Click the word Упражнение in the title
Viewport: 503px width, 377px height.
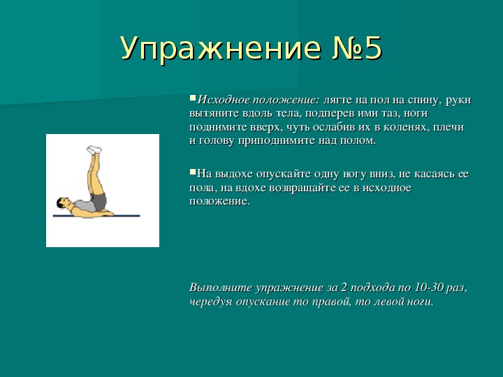click(x=221, y=48)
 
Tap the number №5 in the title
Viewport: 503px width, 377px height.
click(x=357, y=48)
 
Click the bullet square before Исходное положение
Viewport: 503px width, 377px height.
click(x=193, y=98)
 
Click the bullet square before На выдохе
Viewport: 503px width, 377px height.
click(x=193, y=172)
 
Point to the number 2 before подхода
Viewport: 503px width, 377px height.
click(x=344, y=287)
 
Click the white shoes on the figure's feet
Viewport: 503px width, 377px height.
click(x=94, y=149)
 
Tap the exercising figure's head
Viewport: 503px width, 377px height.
click(x=63, y=203)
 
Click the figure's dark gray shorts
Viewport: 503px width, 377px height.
click(x=99, y=202)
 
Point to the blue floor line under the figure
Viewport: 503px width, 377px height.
click(x=96, y=216)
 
